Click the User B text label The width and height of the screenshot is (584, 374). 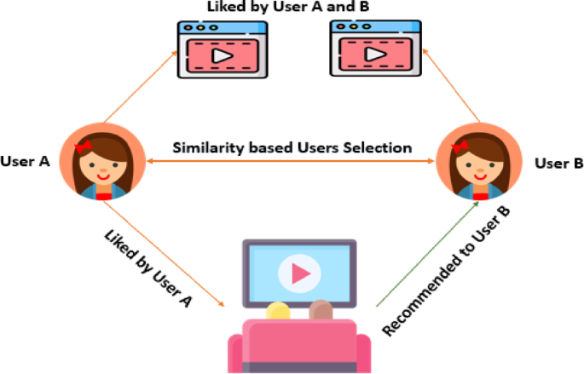(x=554, y=162)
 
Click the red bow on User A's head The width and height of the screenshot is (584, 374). (x=84, y=147)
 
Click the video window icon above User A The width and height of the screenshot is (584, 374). (x=221, y=49)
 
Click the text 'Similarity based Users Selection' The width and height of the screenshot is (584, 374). (x=292, y=147)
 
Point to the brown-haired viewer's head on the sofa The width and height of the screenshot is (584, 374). (x=320, y=309)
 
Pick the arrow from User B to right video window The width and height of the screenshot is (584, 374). (x=451, y=85)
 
